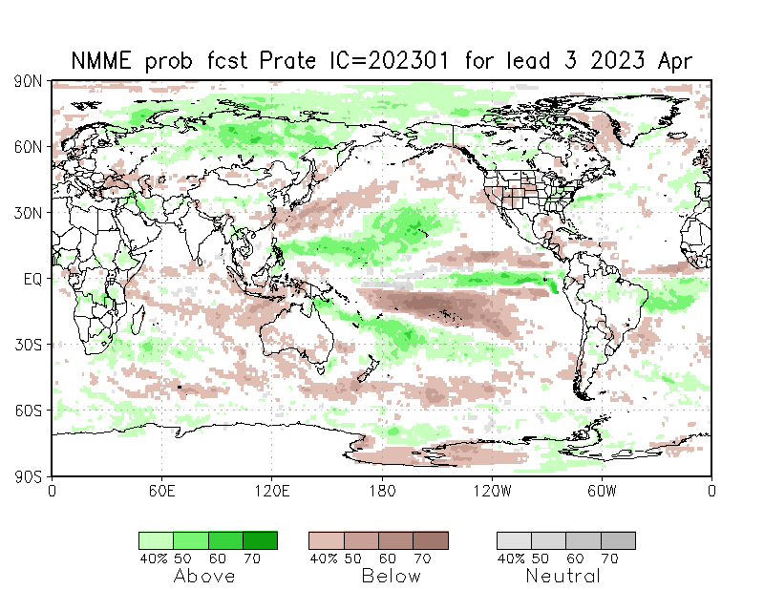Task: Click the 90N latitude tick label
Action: (28, 82)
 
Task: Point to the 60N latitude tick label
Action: (28, 147)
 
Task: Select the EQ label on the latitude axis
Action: (32, 279)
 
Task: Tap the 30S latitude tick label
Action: (28, 345)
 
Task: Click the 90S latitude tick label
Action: (28, 475)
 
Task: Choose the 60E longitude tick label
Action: (161, 492)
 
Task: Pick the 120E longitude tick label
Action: (272, 492)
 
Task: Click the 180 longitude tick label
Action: (382, 492)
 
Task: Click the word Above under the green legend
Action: (204, 576)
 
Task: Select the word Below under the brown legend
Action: (391, 576)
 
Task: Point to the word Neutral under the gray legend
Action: (563, 576)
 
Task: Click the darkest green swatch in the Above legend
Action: (260, 540)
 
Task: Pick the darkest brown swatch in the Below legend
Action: (431, 540)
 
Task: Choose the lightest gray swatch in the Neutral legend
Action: (514, 540)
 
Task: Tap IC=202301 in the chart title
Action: (394, 60)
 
